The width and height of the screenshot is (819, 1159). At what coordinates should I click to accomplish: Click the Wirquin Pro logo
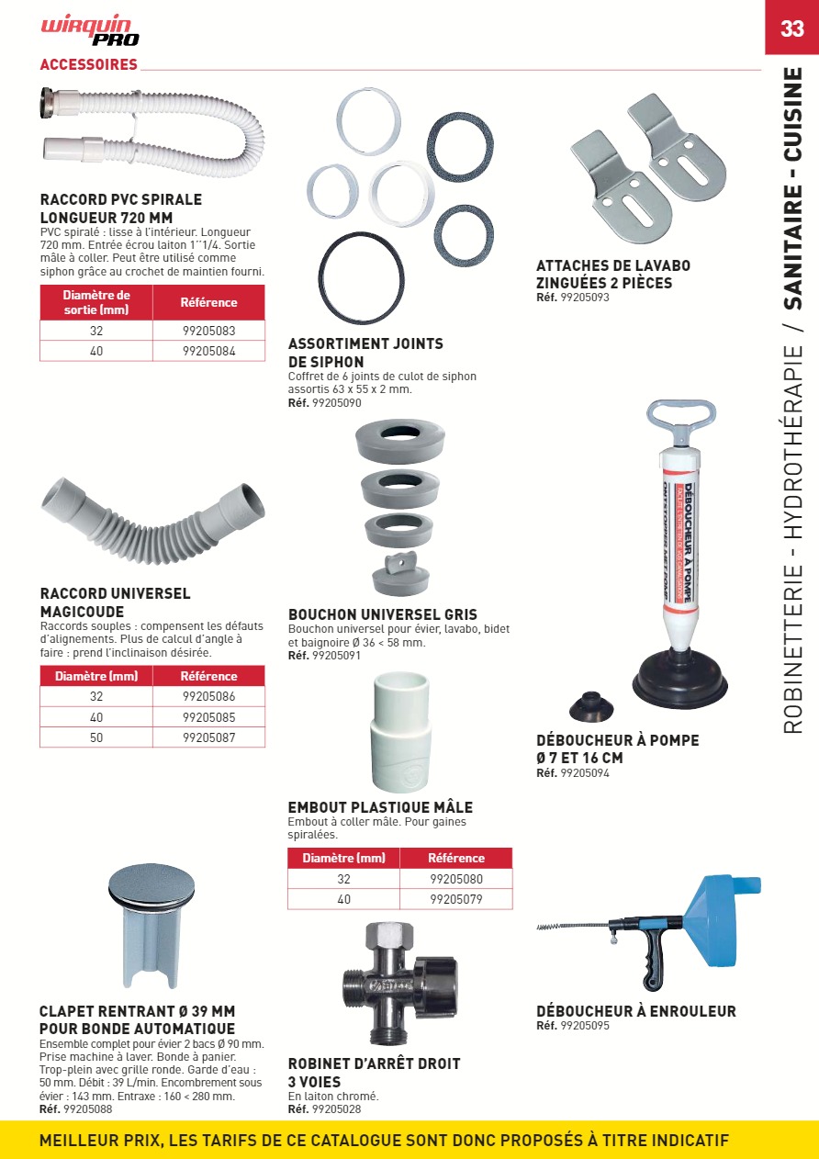coord(90,31)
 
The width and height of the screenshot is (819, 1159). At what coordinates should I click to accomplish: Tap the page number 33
coord(791,28)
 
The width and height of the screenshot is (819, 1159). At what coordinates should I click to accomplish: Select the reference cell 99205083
coord(208,331)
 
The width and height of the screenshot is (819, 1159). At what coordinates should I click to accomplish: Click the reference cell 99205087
coord(208,737)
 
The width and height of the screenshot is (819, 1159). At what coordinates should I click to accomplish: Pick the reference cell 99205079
coord(455,899)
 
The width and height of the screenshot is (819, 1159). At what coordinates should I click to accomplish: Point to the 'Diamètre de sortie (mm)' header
coord(96,302)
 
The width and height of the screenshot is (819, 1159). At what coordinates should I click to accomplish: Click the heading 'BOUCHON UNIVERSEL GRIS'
coord(383,614)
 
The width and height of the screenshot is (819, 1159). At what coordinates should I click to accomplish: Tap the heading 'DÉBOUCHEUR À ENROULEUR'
coord(636,1011)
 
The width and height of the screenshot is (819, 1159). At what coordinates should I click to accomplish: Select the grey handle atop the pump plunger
coord(680,419)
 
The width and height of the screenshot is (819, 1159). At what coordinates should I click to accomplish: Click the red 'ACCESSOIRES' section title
coord(89,64)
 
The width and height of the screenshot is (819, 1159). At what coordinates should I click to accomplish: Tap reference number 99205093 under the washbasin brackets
coord(584,298)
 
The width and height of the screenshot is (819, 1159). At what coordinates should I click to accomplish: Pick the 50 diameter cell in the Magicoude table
coord(96,737)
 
